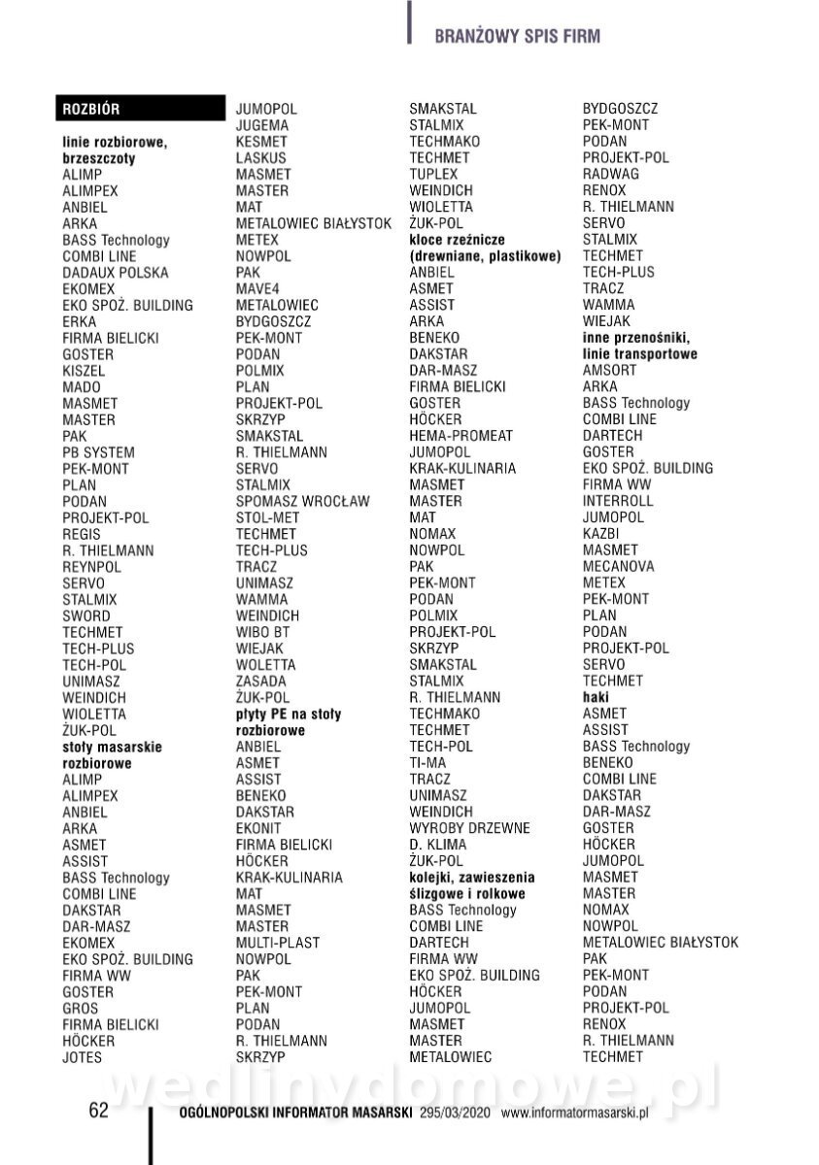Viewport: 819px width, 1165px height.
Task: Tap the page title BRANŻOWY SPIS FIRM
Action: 517,37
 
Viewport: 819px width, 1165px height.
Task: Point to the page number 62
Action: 99,1112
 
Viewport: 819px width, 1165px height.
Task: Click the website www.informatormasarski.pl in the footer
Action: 574,1114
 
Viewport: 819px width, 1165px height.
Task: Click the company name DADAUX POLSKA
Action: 115,273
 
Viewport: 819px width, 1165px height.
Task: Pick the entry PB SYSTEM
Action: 98,452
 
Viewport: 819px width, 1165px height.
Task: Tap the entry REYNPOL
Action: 91,567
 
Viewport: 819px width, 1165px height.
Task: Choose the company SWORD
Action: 85,616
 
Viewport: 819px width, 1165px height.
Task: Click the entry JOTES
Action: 82,1057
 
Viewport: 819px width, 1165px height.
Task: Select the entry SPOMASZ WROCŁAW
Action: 302,501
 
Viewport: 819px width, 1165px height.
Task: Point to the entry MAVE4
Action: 256,288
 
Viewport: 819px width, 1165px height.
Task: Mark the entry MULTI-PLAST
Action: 277,943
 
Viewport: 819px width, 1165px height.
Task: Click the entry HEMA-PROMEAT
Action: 461,436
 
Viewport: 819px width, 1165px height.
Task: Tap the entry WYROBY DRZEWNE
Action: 469,828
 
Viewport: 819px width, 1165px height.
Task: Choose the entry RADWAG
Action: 610,174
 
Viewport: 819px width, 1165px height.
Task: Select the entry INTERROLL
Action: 618,501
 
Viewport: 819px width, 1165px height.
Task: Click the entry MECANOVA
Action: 618,566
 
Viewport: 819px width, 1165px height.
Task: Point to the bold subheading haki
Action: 596,697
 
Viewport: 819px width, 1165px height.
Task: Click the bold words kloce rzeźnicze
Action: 458,240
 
